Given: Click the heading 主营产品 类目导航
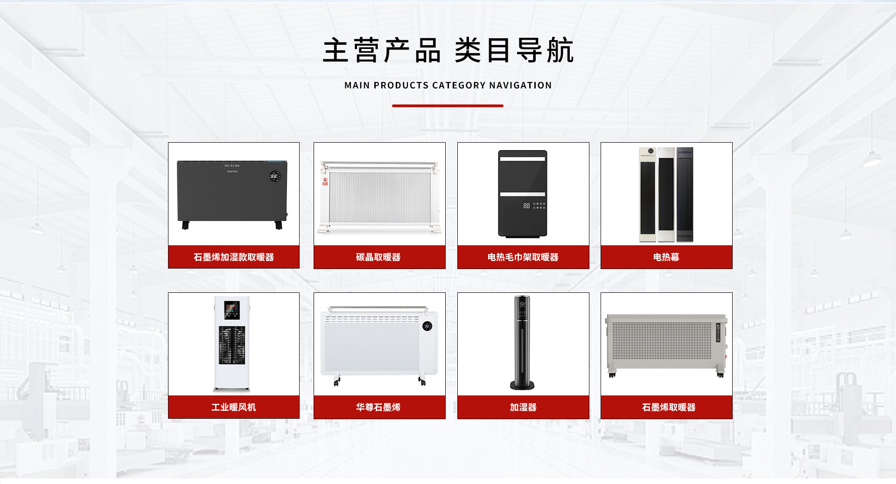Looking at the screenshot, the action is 448,50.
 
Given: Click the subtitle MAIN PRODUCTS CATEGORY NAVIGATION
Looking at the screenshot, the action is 448,85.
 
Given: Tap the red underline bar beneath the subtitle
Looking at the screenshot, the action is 448,106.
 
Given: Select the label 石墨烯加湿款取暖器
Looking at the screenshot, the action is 234,257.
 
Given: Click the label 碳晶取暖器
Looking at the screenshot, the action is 378,257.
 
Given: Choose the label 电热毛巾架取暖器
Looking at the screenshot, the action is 523,257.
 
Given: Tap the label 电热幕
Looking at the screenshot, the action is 666,257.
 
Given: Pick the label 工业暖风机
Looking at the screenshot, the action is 234,407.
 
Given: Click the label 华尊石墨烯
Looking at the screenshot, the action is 378,407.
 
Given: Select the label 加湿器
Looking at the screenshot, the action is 523,407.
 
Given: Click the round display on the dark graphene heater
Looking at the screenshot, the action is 274,176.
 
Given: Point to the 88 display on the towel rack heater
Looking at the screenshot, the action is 526,206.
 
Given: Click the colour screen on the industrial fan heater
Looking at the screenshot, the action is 232,309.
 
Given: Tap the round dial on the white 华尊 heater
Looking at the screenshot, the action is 427,326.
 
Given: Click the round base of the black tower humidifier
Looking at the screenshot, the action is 522,385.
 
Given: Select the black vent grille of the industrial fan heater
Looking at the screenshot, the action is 232,345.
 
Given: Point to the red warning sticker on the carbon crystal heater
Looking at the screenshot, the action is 325,181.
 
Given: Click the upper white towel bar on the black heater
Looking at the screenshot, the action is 523,159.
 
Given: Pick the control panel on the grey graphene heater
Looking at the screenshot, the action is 718,332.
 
